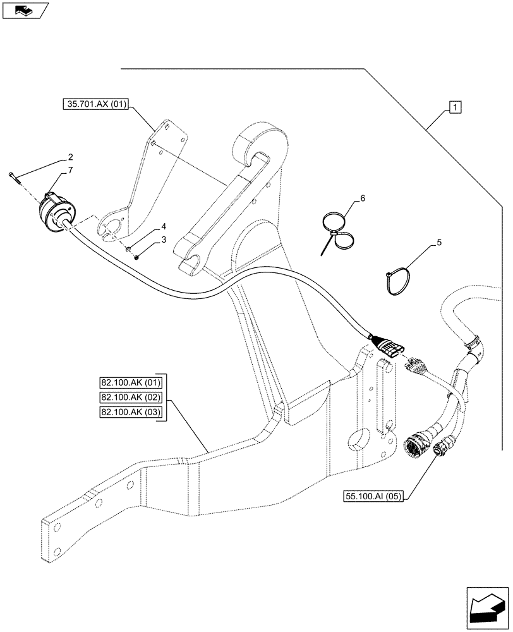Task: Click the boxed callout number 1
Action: click(x=456, y=107)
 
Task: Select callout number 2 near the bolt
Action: click(x=71, y=157)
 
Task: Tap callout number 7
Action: click(x=71, y=170)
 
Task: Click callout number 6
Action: click(x=362, y=199)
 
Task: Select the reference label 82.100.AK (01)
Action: click(x=130, y=382)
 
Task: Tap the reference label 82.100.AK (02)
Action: click(x=130, y=398)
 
